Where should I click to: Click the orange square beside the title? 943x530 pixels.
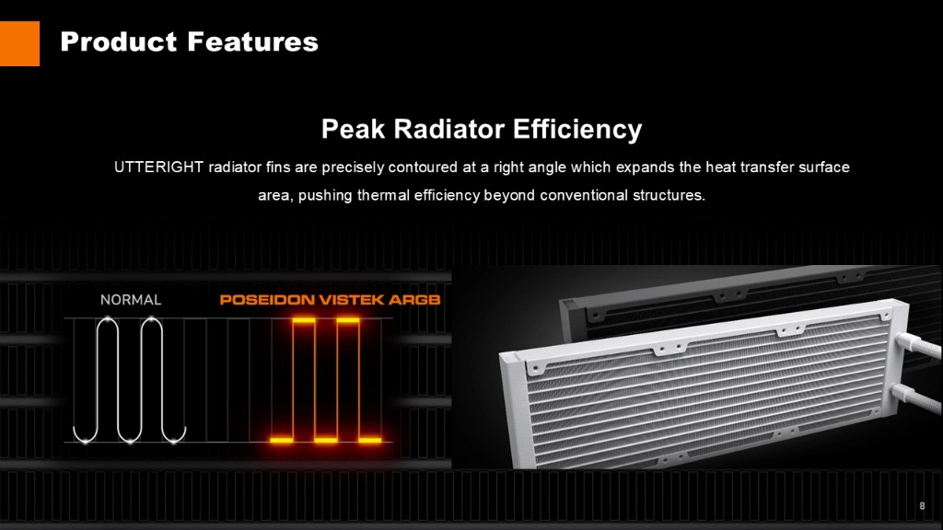point(19,43)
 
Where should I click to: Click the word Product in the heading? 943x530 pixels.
point(119,42)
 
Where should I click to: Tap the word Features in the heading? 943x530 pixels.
point(252,42)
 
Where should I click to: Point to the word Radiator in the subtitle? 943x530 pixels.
point(448,129)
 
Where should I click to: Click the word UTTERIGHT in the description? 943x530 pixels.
point(158,167)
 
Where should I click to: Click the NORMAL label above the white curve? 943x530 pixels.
point(131,300)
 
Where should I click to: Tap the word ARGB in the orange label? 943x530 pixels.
point(414,300)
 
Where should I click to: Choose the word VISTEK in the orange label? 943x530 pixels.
point(352,300)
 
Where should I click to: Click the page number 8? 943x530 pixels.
point(922,506)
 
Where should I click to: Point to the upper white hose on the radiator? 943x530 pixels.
point(918,347)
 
